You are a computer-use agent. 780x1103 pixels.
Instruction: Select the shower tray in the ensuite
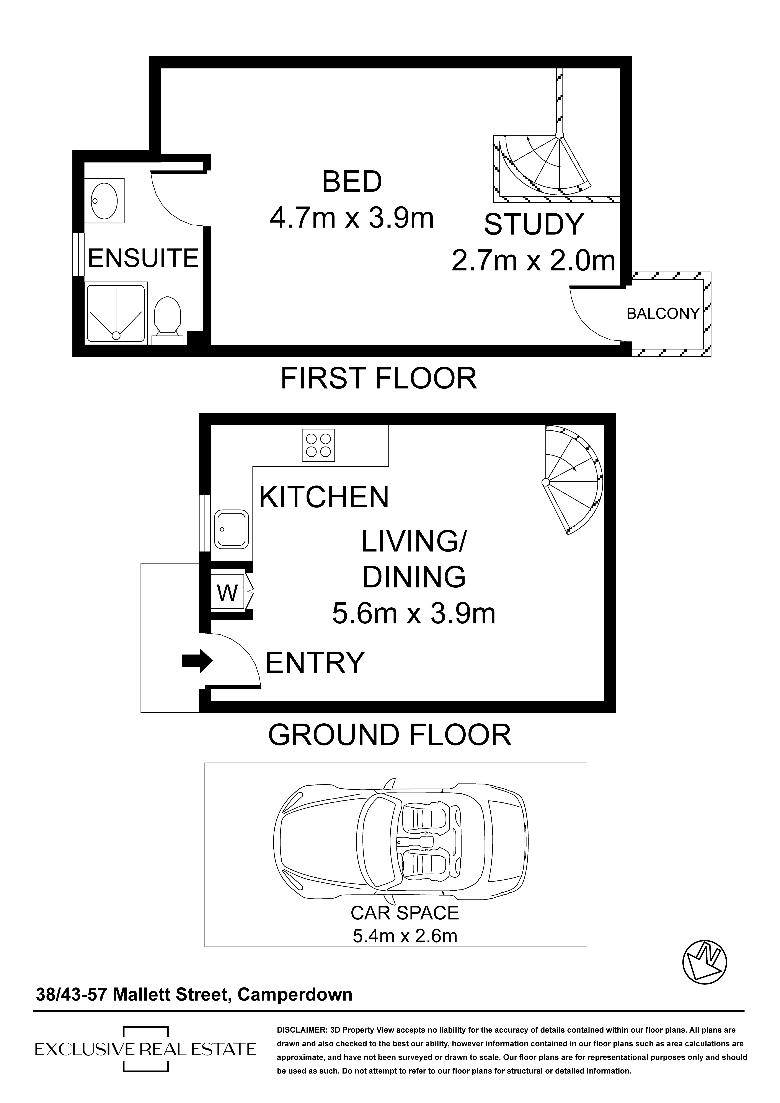pos(116,313)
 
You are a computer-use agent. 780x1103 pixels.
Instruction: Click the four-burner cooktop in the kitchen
pos(318,445)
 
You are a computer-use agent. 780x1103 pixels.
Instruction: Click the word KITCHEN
pos(324,497)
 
